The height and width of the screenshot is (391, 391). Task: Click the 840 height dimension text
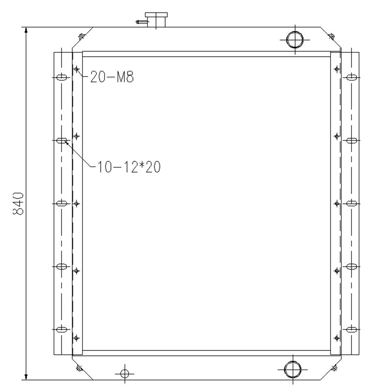[x=18, y=203]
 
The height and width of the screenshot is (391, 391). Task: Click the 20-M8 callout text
[x=112, y=77]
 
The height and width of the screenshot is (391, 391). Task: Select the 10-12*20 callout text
[x=129, y=167]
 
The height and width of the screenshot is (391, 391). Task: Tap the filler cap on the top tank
[x=156, y=20]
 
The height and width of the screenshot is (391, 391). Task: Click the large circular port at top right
[x=295, y=40]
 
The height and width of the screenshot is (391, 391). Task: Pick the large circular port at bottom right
[x=293, y=369]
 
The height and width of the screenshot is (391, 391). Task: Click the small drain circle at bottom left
[x=124, y=374]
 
